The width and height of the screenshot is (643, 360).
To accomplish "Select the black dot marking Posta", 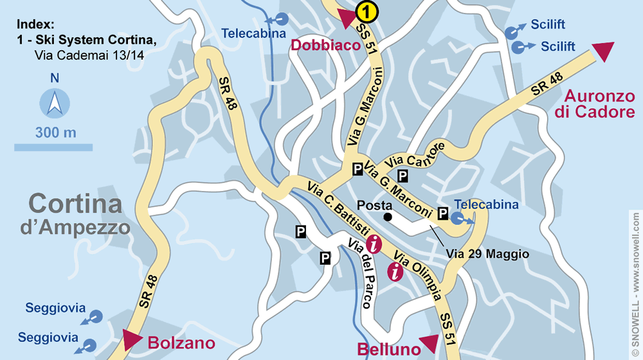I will (x=388, y=218).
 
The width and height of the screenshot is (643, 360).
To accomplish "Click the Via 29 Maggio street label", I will (x=487, y=255).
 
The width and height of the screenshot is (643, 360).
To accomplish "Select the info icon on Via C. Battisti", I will (x=375, y=244).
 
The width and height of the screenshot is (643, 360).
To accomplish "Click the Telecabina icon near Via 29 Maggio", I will (x=458, y=219).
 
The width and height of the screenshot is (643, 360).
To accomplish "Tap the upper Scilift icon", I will (x=512, y=30).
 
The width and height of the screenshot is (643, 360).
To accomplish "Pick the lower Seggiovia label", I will (x=48, y=337).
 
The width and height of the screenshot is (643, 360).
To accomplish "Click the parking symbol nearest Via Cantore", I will (x=403, y=175).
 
